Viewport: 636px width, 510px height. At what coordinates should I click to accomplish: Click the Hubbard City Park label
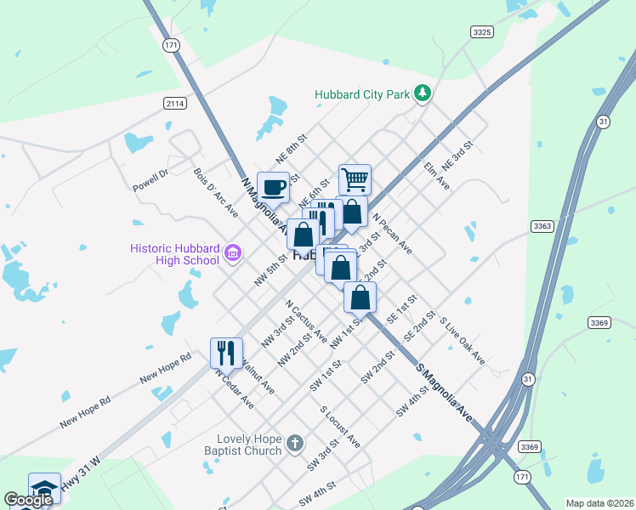pos(361,94)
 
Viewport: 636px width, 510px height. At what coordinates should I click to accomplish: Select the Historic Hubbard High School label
pos(175,254)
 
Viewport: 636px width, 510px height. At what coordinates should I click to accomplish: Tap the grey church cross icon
pos(294,443)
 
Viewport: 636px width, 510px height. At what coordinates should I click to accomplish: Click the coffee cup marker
pos(273,186)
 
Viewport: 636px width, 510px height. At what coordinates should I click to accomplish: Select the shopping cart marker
pos(355,179)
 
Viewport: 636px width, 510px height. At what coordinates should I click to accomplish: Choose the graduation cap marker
pos(44,488)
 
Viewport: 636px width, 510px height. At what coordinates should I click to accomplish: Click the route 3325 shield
pos(482,31)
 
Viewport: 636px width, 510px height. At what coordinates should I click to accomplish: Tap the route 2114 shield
pos(175,103)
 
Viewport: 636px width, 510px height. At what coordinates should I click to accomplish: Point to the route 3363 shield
pos(542,226)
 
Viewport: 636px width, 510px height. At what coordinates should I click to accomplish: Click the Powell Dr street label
pos(151,179)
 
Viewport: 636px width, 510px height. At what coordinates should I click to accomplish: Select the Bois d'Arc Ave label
pos(216,192)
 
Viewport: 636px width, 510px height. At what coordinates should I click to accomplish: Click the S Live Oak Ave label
pos(462,342)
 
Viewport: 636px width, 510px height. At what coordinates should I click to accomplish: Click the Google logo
pos(29,500)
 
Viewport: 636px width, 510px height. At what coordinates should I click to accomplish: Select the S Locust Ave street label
pos(340,427)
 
